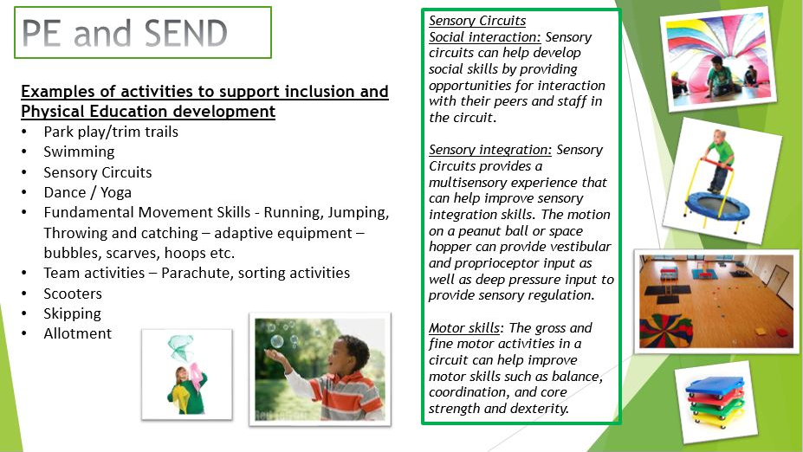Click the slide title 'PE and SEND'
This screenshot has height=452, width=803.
(125, 33)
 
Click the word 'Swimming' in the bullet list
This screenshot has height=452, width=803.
(79, 152)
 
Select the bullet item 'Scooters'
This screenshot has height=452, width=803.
(73, 294)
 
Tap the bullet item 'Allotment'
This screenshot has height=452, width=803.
(77, 333)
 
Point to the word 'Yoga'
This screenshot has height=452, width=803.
(116, 193)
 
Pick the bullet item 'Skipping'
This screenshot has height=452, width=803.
(72, 313)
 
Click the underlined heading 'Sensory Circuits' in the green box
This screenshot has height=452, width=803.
(477, 21)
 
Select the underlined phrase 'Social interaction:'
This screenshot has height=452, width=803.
(484, 37)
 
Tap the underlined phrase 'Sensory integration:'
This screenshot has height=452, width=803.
(490, 150)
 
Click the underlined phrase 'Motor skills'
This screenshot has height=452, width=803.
(464, 328)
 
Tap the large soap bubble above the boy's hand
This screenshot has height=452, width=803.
(277, 341)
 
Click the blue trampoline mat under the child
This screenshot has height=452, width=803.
(716, 205)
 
